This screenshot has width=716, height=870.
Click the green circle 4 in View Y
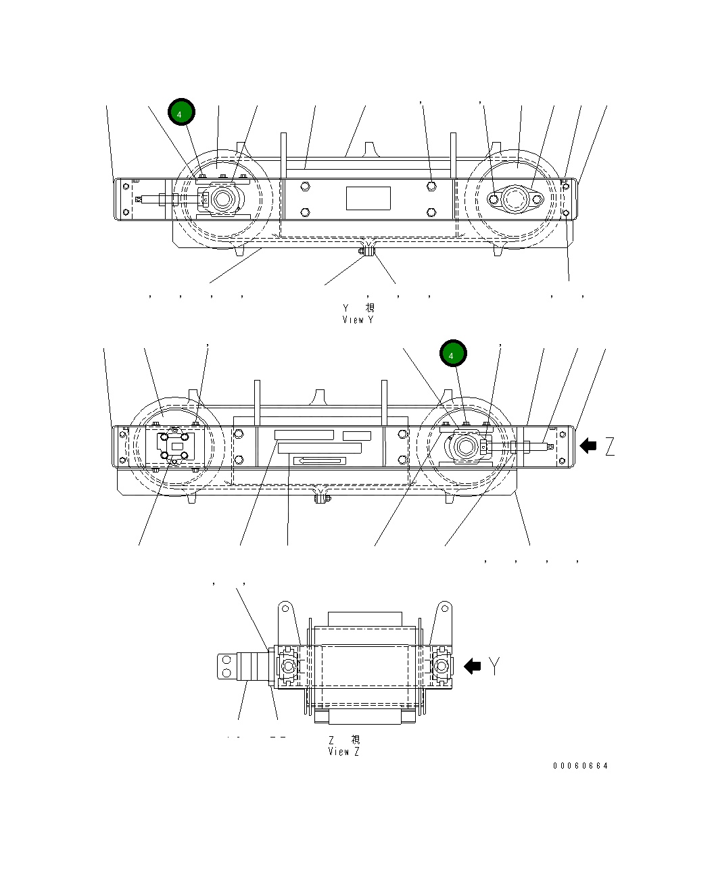click(x=181, y=113)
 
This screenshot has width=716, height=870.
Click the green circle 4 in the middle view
click(x=453, y=354)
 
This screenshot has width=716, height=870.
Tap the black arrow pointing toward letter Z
click(x=588, y=445)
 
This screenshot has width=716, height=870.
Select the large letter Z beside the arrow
click(x=610, y=446)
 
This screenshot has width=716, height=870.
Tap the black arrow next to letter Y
click(x=472, y=667)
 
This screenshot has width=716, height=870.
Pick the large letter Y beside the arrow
click(x=496, y=667)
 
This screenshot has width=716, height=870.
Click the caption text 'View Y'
click(x=358, y=320)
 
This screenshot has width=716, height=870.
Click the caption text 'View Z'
click(x=343, y=752)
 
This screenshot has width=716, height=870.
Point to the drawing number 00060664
click(x=580, y=766)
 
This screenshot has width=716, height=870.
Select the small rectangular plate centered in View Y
click(x=368, y=199)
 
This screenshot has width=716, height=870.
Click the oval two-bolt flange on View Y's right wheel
click(x=516, y=199)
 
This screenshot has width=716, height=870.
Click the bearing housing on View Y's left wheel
click(x=221, y=199)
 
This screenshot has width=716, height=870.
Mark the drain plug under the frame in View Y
click(x=366, y=252)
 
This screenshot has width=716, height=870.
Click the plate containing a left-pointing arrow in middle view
click(x=320, y=461)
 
